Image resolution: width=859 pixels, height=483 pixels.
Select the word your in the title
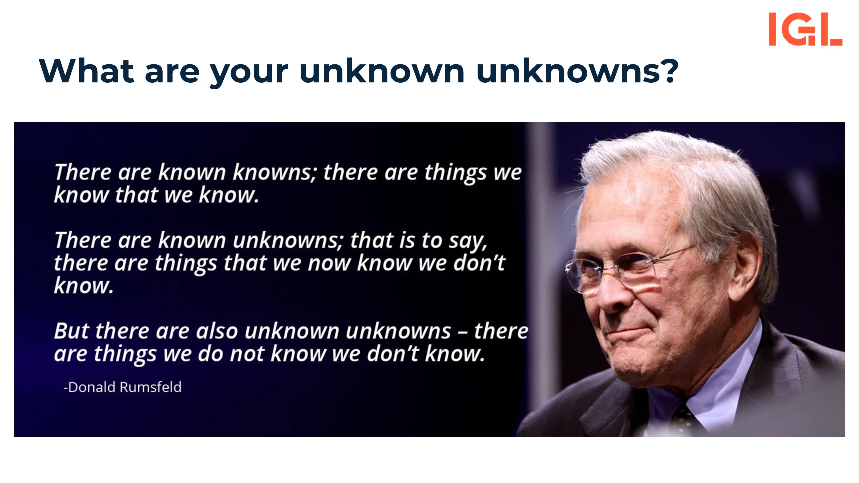249,74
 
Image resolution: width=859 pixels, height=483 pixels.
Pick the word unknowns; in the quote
288,240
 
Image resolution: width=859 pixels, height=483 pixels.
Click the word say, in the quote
468,242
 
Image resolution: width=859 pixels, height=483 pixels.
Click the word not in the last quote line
247,354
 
